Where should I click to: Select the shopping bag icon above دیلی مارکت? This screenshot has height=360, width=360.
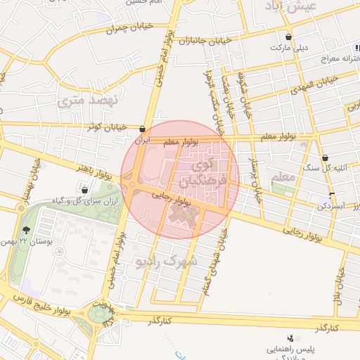click(289, 37)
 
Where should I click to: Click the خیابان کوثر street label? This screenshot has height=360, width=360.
click(110, 127)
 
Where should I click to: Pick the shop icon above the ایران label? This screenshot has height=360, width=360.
click(143, 129)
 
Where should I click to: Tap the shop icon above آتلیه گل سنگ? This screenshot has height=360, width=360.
click(325, 158)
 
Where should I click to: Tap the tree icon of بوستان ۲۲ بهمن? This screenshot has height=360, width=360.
click(26, 231)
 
